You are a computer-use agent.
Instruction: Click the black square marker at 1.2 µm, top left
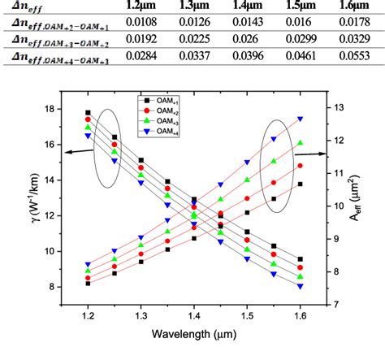click(88, 112)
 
